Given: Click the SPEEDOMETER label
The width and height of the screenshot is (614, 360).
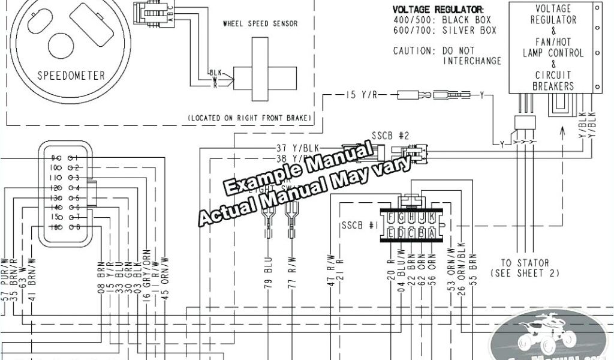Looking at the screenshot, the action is coord(71,76).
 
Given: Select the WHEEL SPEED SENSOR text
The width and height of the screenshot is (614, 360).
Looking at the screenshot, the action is coord(260,24).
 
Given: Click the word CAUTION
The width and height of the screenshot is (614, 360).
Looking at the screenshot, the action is coord(414,51).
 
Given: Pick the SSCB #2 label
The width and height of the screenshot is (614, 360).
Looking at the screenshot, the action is coord(390,136).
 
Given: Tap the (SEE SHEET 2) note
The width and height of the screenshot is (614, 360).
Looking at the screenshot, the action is coord(525,273).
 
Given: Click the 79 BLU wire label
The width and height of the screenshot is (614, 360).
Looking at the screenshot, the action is coord(268,276).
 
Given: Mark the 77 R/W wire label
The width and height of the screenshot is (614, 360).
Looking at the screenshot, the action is coord(292,276).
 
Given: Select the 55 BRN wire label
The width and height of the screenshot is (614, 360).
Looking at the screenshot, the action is coord(474,272).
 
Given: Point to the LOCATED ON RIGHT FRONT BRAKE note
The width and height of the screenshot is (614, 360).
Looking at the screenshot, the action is coord(249,119).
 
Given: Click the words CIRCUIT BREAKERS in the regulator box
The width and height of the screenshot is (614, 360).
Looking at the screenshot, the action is coord(553,80).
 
